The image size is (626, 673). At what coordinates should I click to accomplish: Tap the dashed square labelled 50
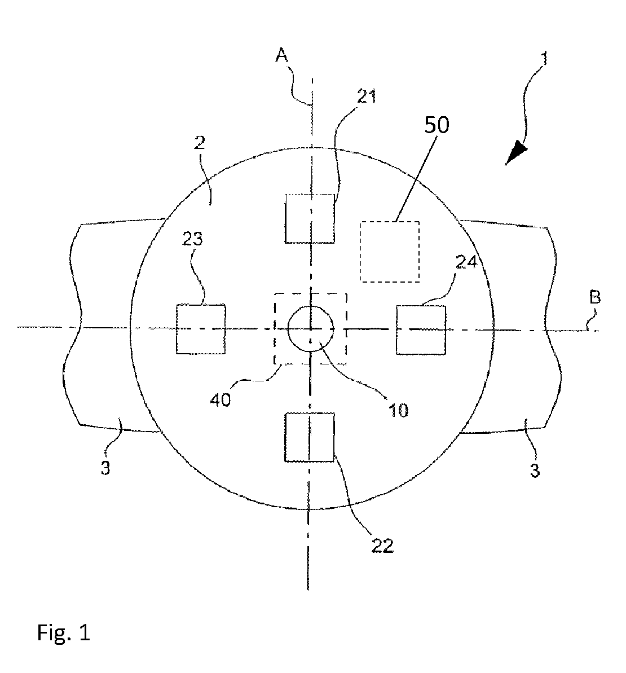tap(390, 252)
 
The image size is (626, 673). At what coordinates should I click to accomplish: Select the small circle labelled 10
tap(311, 328)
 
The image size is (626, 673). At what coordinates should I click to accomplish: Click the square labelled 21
tap(310, 218)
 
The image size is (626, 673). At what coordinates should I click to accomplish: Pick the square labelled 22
tap(310, 438)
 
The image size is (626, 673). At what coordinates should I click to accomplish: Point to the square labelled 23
tap(201, 329)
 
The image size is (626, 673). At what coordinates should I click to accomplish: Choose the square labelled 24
tap(421, 329)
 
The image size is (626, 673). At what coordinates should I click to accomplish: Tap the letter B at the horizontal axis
tap(595, 297)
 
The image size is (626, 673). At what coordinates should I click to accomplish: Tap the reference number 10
tap(398, 410)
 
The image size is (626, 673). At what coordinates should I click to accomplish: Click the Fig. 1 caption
tap(64, 632)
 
